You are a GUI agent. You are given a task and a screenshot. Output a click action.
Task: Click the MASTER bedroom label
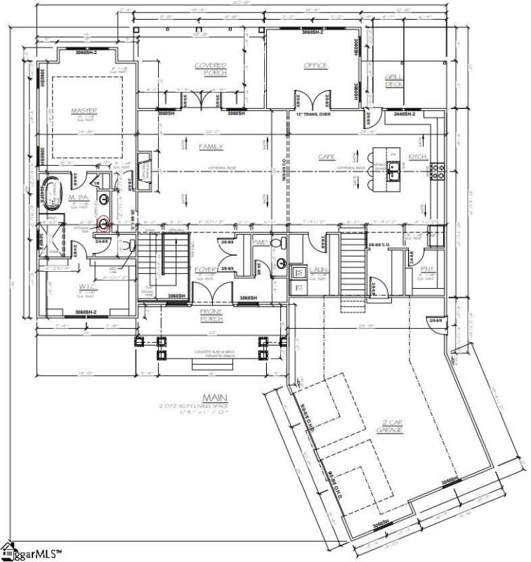[x=84, y=110]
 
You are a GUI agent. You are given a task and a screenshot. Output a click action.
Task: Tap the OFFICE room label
[x=315, y=65]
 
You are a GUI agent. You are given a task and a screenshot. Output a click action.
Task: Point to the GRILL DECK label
[x=393, y=81]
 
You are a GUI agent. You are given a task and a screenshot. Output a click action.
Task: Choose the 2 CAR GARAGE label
[x=383, y=424]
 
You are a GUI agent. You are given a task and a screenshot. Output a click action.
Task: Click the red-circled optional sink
[x=104, y=225]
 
